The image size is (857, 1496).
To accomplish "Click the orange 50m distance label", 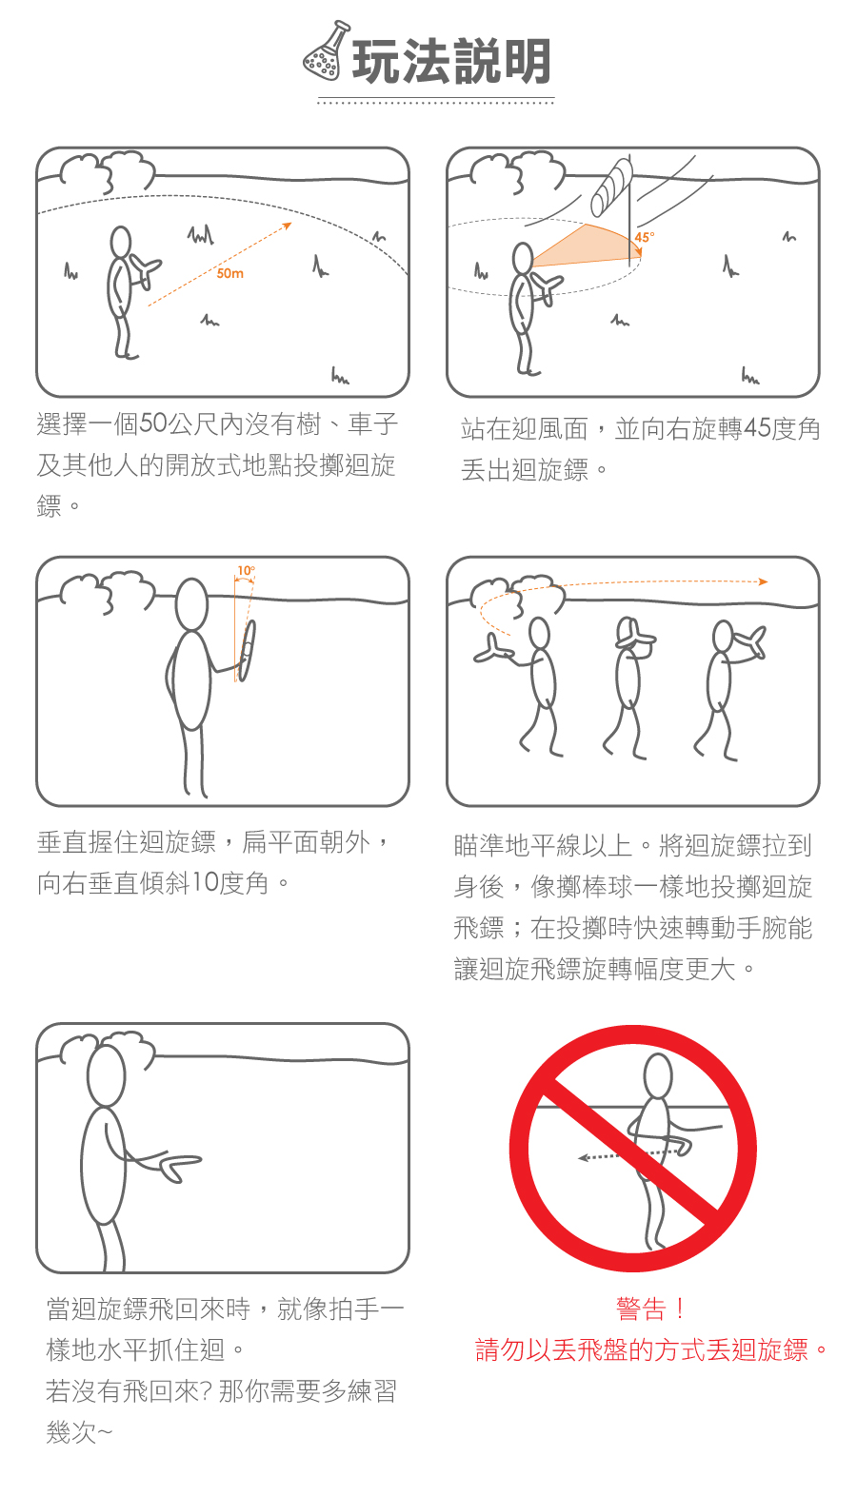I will point(230,274).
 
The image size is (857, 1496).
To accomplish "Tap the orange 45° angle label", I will point(645,238).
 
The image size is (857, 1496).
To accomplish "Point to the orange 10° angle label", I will point(246,571).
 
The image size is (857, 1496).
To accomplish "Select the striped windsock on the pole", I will point(610,187).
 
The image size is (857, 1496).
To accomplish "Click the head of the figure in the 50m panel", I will point(121,242).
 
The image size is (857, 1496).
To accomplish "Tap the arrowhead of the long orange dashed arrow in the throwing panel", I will point(763,581).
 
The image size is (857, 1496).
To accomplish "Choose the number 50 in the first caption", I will point(153,424).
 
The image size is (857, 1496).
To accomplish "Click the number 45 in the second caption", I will point(758,429).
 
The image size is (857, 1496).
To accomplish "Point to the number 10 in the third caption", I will point(206,882).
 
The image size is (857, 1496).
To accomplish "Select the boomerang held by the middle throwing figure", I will point(634,638).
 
